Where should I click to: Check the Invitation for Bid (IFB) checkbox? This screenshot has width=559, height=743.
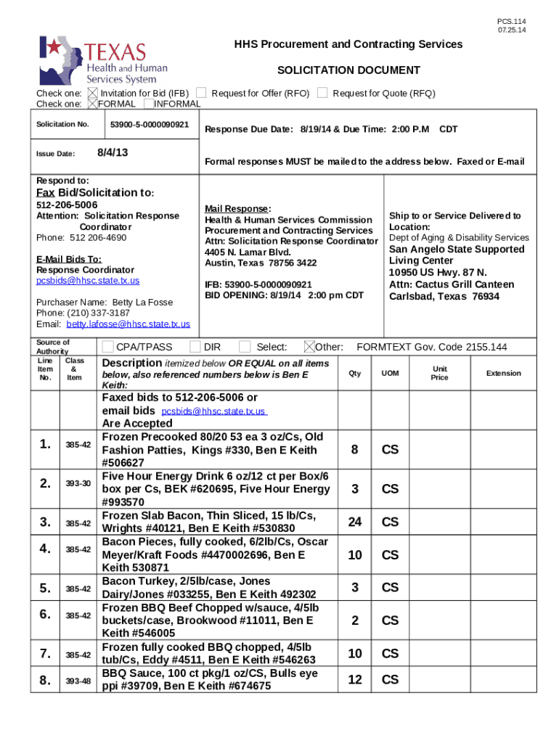(x=92, y=93)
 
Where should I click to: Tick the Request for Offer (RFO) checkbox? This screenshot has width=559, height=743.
(x=204, y=93)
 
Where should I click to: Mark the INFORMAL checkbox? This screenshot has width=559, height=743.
(x=148, y=104)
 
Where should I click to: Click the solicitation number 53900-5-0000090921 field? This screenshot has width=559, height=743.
(x=150, y=125)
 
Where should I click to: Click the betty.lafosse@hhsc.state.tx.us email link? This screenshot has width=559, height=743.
(x=128, y=324)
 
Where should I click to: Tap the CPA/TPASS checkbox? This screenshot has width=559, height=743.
(x=108, y=347)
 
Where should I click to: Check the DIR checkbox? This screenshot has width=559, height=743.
(x=195, y=347)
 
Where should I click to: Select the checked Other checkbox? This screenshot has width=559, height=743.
(x=309, y=347)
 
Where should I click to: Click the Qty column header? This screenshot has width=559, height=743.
(x=354, y=373)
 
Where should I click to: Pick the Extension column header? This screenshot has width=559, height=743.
(x=503, y=373)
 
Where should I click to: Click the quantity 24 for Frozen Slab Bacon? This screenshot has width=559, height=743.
(x=354, y=522)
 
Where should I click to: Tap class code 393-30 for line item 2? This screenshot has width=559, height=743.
(x=78, y=483)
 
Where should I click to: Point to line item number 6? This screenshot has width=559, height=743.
(x=45, y=614)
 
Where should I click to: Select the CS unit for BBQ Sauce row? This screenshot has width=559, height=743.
(x=390, y=680)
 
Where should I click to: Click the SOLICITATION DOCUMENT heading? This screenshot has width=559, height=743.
(x=348, y=70)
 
